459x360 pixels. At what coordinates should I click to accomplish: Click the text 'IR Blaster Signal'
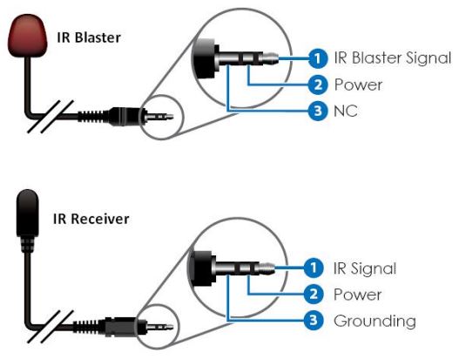393,58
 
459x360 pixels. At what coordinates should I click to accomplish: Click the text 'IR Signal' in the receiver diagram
365,268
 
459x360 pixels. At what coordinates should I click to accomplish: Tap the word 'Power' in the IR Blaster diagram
358,85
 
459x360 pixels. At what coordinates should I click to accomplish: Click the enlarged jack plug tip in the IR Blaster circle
273,58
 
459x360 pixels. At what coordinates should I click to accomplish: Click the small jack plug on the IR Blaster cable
148,114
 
